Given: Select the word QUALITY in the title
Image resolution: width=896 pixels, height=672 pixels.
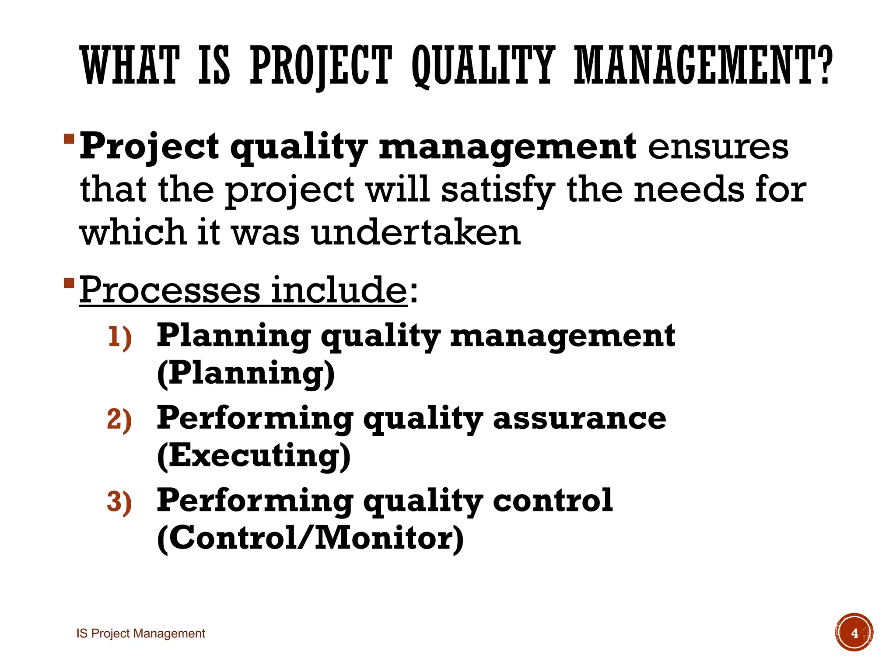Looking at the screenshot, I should tap(483, 66).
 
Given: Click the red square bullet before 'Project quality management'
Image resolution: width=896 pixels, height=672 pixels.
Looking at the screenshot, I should tap(69, 140).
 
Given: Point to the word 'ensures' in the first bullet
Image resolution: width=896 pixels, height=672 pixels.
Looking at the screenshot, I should tap(718, 147).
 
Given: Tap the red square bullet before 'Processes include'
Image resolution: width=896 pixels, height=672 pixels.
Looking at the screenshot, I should tap(69, 283).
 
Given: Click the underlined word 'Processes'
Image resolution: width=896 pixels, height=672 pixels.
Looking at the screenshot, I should tap(170, 290).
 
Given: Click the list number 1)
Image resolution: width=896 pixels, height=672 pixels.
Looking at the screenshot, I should tap(119, 337).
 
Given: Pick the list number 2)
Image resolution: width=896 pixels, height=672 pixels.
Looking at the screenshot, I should tap(119, 420).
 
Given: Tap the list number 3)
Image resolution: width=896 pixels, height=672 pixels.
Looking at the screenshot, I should tap(119, 502).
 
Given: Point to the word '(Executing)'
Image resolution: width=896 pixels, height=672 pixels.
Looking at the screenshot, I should tap(254, 456).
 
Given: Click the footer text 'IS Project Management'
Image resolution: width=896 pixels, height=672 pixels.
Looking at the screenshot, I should tap(141, 633).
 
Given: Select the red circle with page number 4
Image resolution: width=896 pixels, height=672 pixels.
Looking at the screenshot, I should tap(854, 633).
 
